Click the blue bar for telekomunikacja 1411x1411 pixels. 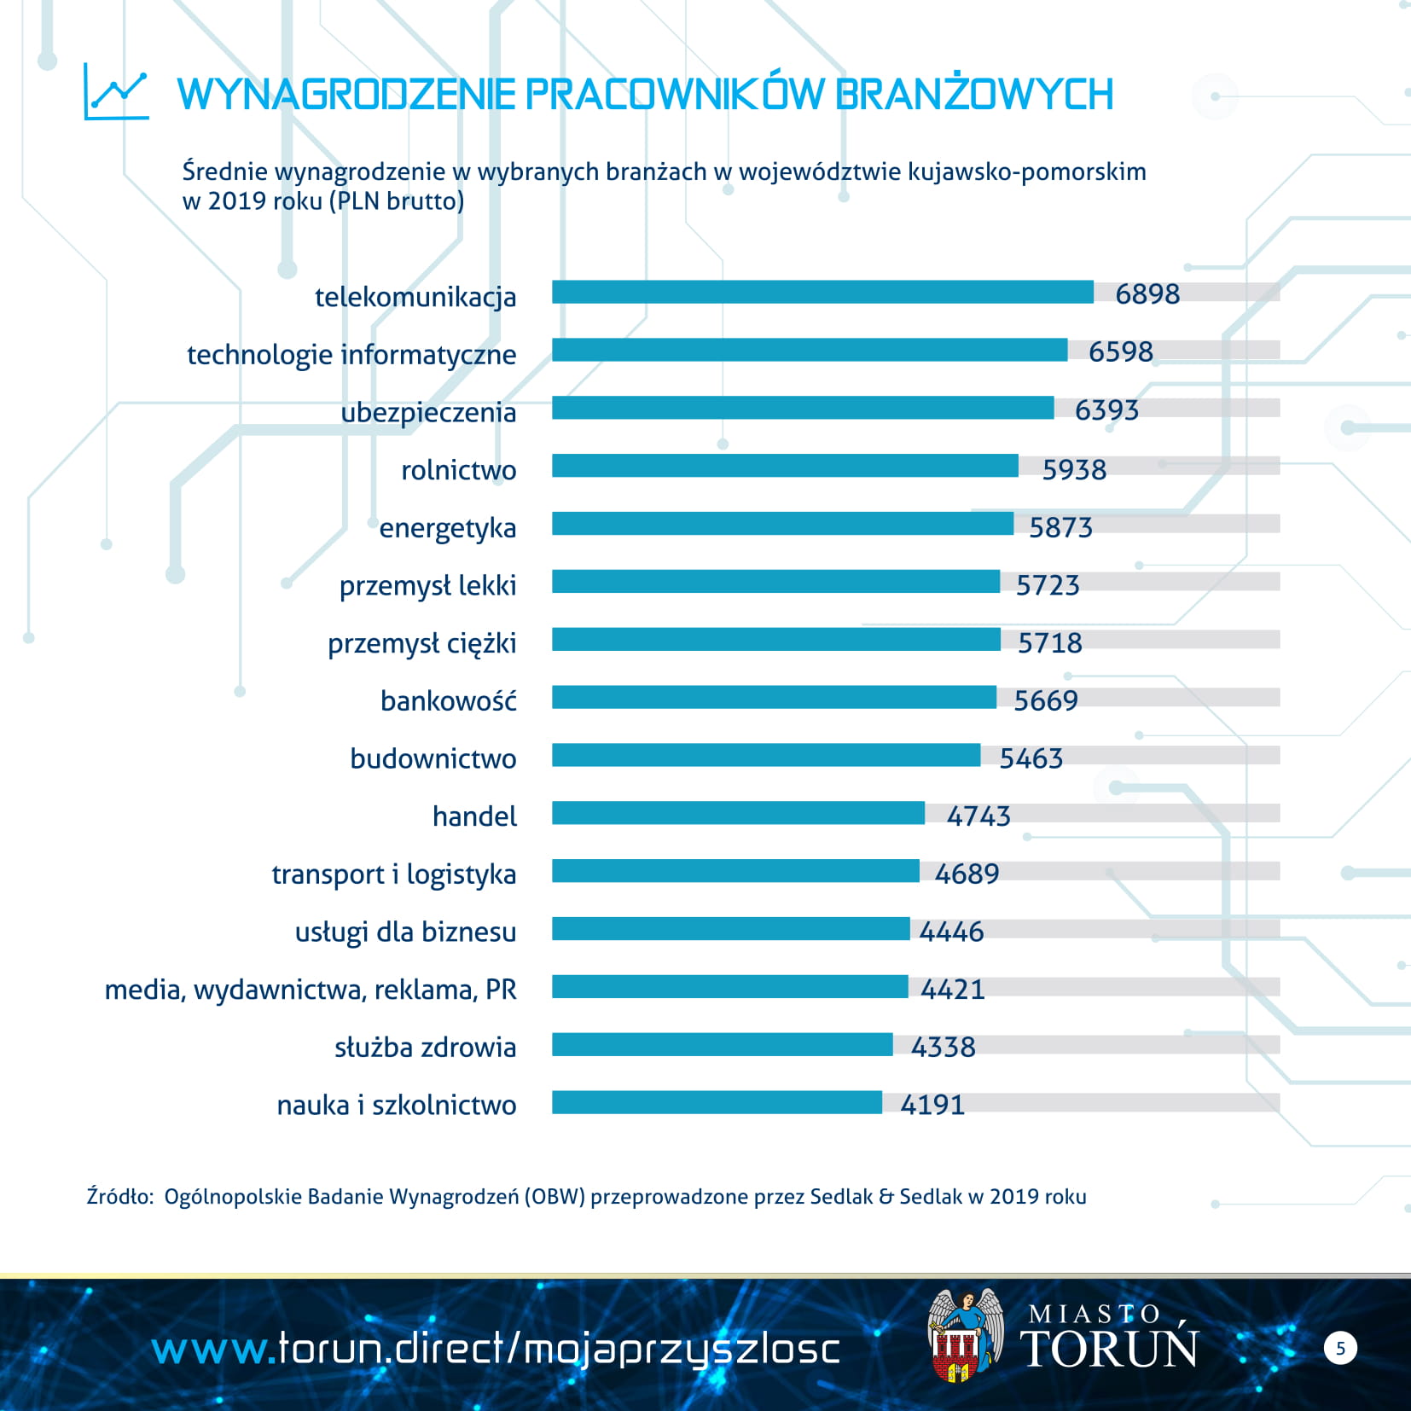pos(822,293)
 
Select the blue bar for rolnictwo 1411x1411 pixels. pos(785,466)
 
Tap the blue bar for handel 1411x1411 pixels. pos(738,813)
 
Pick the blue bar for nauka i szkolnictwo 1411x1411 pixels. pos(717,1102)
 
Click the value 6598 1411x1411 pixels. pos(1120,351)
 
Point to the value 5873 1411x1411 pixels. pos(1060,527)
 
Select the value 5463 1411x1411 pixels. pos(1031,758)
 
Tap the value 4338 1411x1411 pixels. pos(943,1047)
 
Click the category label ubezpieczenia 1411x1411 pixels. pos(428,413)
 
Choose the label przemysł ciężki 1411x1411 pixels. pos(421,644)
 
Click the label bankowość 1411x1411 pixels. pos(448,701)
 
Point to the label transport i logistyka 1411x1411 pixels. pos(393,875)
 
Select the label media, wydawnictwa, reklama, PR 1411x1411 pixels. pos(311,990)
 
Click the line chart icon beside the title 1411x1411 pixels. pos(117,92)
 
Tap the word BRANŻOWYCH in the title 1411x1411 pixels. pos(973,94)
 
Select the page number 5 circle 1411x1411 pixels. pos(1340,1348)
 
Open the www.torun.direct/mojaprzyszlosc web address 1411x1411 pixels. pos(496,1350)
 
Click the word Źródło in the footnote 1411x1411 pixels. pos(119,1197)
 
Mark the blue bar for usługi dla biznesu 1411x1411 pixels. pos(730,929)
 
